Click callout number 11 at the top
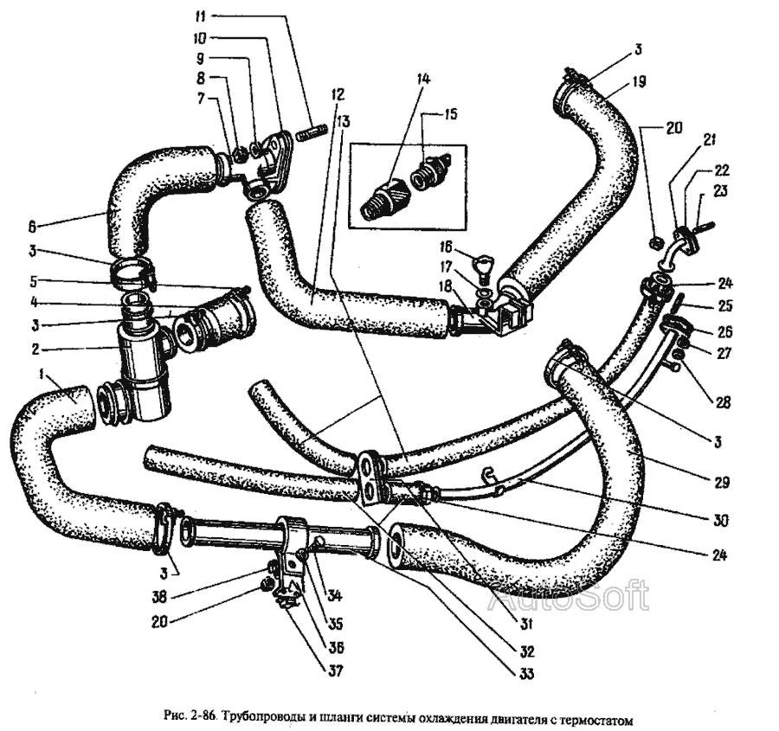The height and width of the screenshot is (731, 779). (x=200, y=16)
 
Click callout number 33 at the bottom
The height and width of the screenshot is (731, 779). (x=527, y=673)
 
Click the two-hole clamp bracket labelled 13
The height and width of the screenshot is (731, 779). (x=370, y=477)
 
